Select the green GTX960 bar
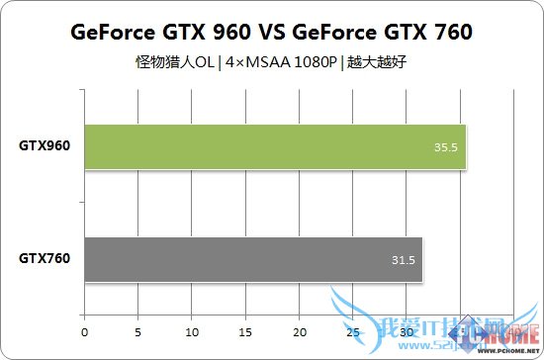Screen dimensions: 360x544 coord(275,147)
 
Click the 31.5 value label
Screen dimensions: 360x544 coord(403,261)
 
